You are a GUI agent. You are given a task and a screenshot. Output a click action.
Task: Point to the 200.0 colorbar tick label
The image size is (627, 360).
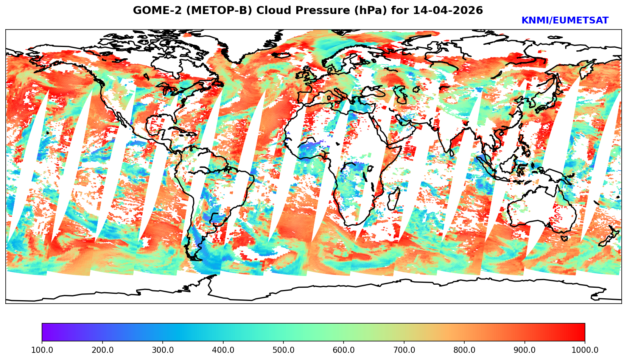102,350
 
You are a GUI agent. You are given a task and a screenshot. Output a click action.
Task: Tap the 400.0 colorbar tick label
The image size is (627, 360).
223,350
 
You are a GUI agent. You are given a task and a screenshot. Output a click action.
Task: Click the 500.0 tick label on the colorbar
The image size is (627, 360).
283,350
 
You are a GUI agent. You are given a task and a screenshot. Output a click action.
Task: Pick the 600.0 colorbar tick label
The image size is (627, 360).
344,350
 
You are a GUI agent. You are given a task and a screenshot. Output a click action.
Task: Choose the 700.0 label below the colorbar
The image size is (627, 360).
404,350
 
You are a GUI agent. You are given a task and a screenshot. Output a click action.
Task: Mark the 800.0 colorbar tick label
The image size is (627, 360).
464,350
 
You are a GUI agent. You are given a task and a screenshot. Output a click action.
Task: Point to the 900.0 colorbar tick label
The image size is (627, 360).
524,350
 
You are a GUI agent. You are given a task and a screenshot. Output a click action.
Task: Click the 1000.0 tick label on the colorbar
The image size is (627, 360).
585,350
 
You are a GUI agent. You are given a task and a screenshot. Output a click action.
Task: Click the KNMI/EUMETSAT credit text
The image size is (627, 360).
565,21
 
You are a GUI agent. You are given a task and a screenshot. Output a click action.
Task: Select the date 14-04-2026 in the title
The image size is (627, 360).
448,11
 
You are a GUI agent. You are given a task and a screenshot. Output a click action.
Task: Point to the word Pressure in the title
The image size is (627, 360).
319,11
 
